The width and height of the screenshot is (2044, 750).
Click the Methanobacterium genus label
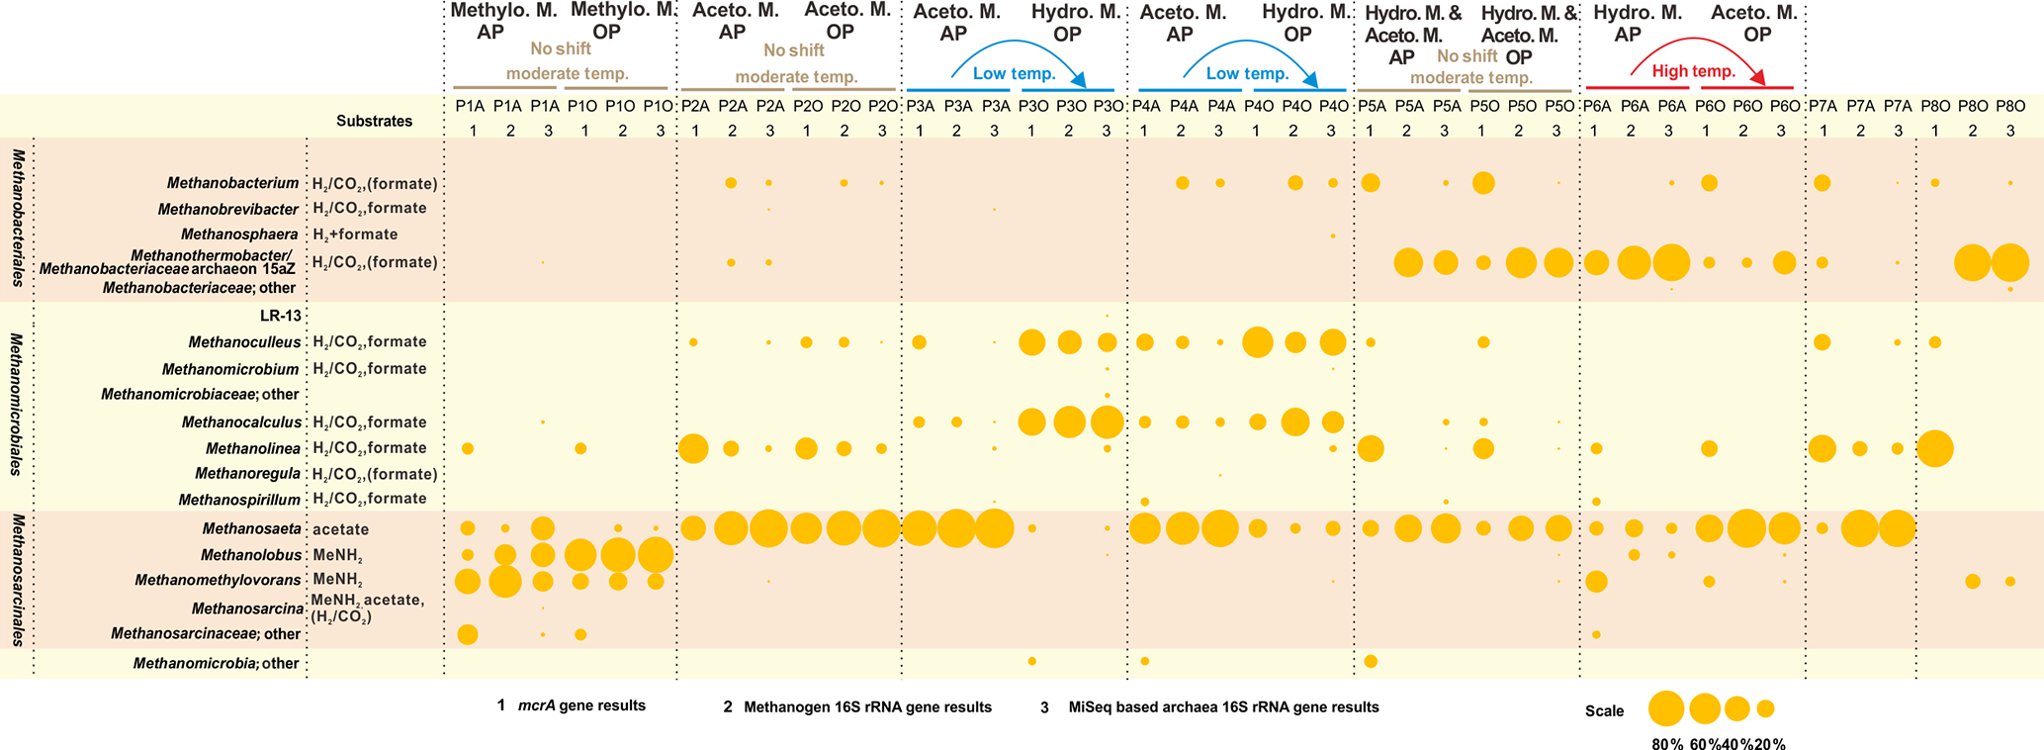(232, 183)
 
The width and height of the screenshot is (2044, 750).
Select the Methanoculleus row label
(244, 342)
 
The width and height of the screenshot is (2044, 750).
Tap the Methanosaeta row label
(251, 529)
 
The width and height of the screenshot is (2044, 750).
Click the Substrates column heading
(374, 121)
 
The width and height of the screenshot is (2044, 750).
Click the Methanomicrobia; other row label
(216, 663)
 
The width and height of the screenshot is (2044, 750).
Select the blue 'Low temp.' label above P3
(1014, 74)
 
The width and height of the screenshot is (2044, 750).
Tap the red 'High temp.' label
(1693, 71)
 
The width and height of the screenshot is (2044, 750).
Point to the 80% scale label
(1666, 745)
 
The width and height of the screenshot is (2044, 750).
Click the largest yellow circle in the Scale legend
(1666, 708)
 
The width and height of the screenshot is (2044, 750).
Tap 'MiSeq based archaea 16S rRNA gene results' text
(1223, 706)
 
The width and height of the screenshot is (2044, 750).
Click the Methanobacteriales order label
(18, 218)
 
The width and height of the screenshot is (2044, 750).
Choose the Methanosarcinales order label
(18, 580)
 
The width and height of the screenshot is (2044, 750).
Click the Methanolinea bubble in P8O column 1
(1935, 449)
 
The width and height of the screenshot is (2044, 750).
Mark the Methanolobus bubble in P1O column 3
(656, 555)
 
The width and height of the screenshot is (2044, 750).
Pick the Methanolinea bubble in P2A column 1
(693, 448)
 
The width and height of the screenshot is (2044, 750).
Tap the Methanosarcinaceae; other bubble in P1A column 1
(468, 634)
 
